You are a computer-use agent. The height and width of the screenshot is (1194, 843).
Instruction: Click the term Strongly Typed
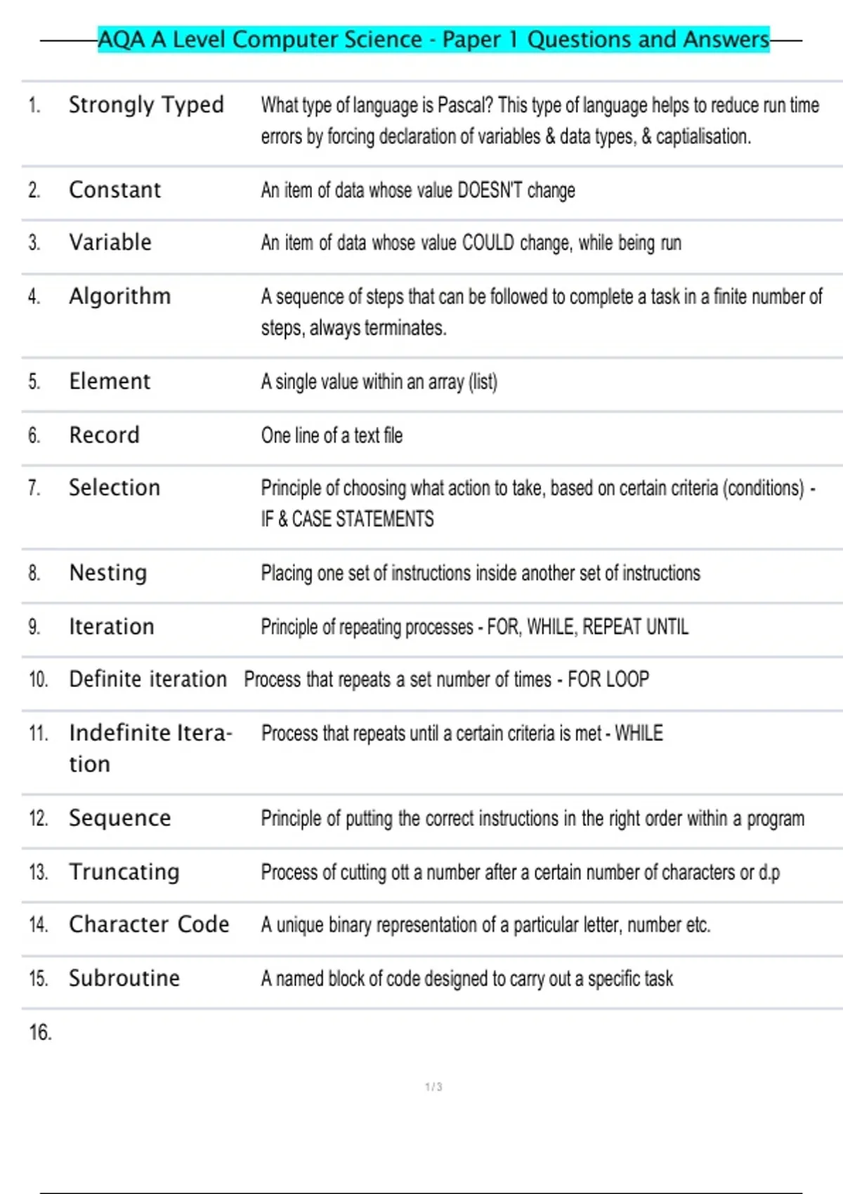coord(146,105)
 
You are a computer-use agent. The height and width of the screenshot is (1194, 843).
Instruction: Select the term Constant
coord(115,190)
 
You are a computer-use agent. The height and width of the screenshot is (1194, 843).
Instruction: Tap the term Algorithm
coord(119,296)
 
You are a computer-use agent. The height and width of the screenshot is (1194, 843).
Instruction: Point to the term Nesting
coord(108,573)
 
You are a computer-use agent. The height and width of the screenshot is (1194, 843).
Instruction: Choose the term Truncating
coord(124,872)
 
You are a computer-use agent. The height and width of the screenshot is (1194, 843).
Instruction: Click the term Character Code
coord(149,924)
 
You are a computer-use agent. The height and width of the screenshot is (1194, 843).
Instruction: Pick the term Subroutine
coord(124,978)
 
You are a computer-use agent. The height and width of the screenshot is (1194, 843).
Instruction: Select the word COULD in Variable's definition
coord(488,243)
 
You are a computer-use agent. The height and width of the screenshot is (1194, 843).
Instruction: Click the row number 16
coord(40,1032)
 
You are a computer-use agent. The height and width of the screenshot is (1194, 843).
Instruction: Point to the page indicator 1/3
coord(433,1087)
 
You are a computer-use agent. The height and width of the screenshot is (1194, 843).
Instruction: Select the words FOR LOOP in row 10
coord(608,680)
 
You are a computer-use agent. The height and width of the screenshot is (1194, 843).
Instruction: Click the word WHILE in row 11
coord(639,733)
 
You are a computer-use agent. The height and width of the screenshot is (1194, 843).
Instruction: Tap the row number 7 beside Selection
coord(34,488)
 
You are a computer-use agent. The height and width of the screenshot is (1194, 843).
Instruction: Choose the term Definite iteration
coord(148,679)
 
